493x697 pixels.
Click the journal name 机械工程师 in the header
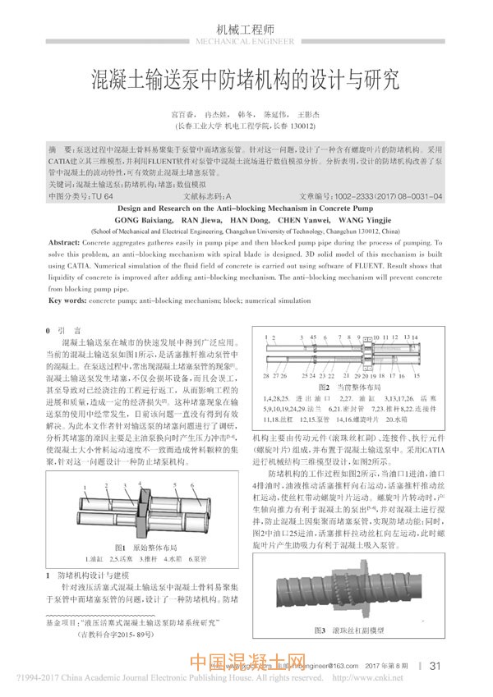point(246,26)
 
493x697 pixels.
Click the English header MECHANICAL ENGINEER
point(246,40)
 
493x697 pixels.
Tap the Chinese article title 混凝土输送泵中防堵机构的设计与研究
point(246,80)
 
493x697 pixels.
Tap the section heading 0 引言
point(61,330)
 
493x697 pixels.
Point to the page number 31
point(436,665)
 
